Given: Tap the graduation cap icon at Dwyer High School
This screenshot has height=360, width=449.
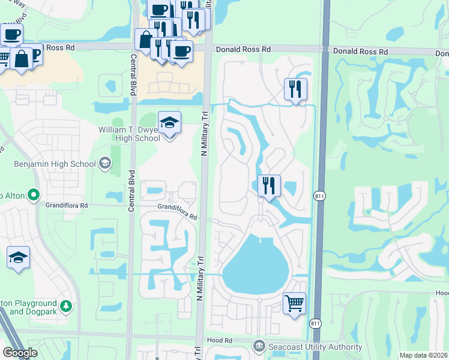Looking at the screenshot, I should (x=169, y=123).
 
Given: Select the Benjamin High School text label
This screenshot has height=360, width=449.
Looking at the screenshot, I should (x=55, y=164).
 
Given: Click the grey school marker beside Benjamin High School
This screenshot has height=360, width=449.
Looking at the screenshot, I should (x=105, y=163).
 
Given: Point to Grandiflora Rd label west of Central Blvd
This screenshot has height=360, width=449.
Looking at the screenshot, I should (x=67, y=205).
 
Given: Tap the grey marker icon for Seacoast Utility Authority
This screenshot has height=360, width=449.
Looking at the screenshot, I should (x=259, y=346).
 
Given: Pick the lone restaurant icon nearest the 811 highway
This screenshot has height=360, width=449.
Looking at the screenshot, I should (x=295, y=89).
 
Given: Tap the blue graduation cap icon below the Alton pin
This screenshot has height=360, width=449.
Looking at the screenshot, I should (x=18, y=257).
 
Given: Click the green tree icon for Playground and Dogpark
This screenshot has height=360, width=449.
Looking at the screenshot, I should (x=66, y=307).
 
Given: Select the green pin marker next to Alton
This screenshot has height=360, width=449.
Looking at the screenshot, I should (x=32, y=194).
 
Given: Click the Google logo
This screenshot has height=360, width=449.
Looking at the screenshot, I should (x=20, y=352).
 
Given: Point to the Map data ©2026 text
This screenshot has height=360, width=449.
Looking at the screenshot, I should (x=423, y=355).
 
